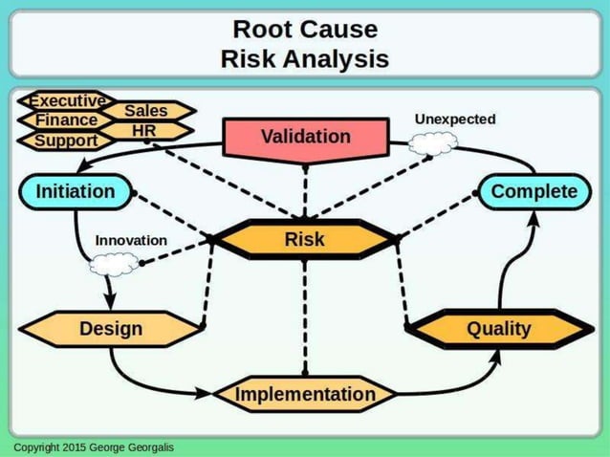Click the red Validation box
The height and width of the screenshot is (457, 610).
(x=305, y=137)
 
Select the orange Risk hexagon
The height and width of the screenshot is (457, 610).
(x=304, y=240)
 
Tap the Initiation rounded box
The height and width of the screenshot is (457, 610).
(x=75, y=191)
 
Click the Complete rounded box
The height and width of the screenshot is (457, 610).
(x=534, y=191)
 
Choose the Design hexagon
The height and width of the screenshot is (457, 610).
(x=111, y=329)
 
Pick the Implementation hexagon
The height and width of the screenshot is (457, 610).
(x=305, y=394)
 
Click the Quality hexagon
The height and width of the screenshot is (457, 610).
(x=498, y=329)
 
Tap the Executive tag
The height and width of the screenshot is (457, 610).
(x=65, y=100)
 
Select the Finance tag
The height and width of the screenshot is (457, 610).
(x=65, y=120)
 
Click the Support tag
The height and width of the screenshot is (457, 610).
(x=65, y=141)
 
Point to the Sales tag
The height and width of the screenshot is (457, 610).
(x=145, y=111)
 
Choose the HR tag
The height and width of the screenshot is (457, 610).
(x=144, y=130)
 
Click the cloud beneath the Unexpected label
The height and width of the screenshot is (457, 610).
(x=432, y=144)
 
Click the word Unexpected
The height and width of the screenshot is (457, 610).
(x=454, y=120)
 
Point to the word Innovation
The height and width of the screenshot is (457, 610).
(x=131, y=240)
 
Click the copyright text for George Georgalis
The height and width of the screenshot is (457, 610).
(x=94, y=447)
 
